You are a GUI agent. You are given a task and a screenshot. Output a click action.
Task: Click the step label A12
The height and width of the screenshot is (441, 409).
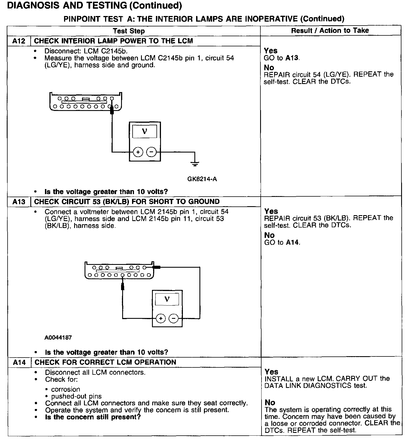pos(19,41)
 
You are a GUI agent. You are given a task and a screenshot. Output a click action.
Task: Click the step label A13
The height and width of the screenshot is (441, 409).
pos(19,202)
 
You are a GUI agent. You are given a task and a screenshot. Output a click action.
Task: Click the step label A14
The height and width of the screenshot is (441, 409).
pos(19,362)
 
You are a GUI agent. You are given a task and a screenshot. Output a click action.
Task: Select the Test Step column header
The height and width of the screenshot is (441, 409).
pos(129,31)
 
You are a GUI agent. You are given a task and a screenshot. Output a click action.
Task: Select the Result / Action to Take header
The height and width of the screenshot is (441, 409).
pos(330,30)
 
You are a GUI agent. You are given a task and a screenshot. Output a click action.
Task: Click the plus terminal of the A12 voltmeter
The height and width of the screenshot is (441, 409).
pos(138,152)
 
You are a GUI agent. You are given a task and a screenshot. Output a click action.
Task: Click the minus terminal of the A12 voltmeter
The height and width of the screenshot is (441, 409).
pos(151,152)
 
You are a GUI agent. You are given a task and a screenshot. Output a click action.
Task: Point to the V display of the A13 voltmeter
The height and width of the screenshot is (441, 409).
pos(167,299)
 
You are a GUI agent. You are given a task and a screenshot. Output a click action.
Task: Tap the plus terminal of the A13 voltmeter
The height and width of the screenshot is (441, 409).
pos(161,318)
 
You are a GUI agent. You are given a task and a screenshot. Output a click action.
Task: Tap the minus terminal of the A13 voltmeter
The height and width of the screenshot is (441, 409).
pos(174,318)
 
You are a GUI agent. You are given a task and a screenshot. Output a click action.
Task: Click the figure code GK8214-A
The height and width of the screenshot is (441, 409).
pos(202,179)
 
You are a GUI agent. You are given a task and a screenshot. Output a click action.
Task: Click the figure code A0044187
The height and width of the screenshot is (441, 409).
pos(58,337)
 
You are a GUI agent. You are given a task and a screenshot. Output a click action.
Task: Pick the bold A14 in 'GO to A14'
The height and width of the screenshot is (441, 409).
pos(293,242)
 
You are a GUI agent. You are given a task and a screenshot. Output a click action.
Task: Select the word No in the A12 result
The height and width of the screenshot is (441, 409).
pos(269,68)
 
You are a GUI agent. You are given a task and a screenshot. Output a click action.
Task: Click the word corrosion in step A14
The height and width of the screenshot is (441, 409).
pos(65,389)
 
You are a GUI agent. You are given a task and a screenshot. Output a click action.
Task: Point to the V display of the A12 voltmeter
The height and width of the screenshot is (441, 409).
pos(145,131)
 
